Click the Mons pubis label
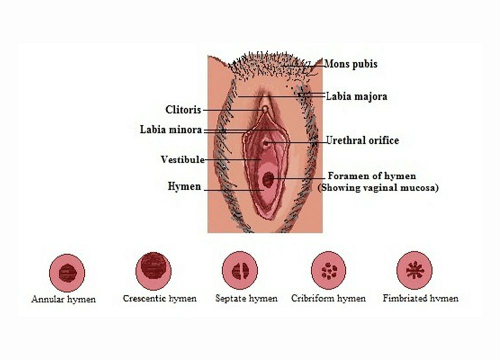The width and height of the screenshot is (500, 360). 350,64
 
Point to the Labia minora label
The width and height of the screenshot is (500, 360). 170,130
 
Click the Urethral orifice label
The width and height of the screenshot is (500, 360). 362,140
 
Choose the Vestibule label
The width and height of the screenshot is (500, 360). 182,160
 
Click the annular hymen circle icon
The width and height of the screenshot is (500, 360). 67,272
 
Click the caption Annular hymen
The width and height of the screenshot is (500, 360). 63,300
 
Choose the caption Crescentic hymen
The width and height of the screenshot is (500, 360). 159,299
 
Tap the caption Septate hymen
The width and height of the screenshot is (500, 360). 246,299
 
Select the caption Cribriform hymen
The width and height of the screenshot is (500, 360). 328,299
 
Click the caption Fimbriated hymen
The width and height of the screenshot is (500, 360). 420,299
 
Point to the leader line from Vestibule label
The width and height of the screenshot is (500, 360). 230,159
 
